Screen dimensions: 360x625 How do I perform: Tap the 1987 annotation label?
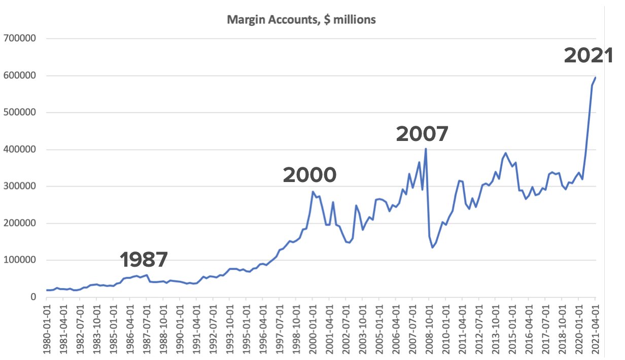pyautogui.click(x=144, y=260)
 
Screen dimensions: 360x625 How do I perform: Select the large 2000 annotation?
pyautogui.click(x=309, y=175)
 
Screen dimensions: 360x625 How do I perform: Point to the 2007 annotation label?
pyautogui.click(x=422, y=134)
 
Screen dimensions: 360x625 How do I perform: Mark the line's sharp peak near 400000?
pyautogui.click(x=426, y=149)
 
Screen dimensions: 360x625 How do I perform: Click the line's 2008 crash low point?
pyautogui.click(x=432, y=247)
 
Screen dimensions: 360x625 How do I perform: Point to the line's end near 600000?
pyautogui.click(x=596, y=78)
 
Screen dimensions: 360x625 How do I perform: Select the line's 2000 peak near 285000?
pyautogui.click(x=312, y=192)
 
